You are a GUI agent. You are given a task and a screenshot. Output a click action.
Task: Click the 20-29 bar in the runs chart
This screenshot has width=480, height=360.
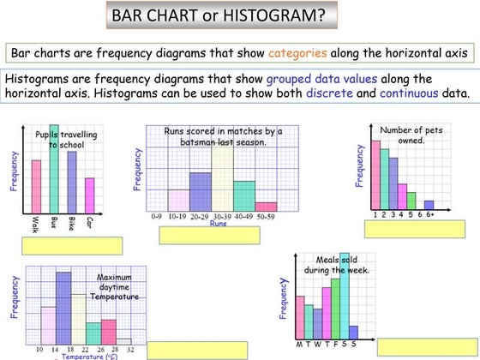coord(200,191)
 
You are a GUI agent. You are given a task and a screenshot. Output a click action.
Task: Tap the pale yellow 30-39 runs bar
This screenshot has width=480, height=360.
coord(222,176)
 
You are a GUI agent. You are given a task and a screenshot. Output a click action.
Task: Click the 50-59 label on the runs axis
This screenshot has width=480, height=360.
coord(266,218)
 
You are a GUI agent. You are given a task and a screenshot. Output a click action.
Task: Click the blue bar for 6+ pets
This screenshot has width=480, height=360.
coord(429,205)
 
